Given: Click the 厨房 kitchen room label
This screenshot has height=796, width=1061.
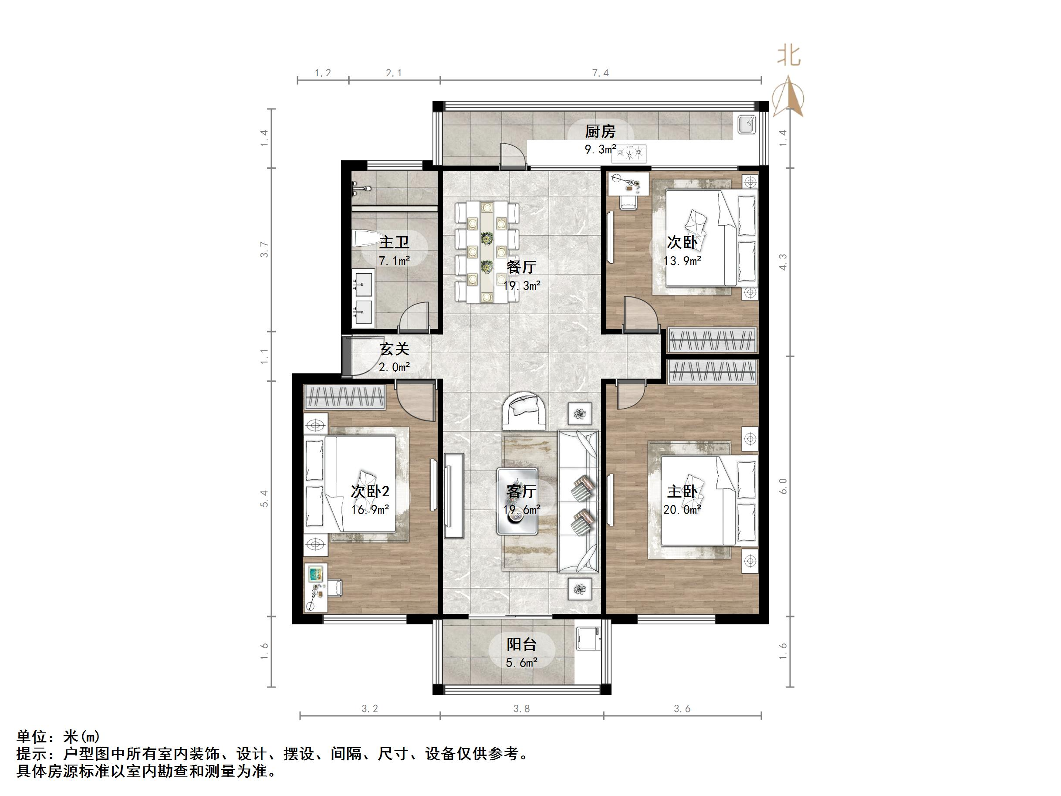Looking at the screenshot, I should [600, 131].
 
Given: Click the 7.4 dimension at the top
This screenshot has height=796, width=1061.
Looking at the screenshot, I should [600, 73].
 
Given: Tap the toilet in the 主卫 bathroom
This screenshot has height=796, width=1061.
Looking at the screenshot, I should [365, 239].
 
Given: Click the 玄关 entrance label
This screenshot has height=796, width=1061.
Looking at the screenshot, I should [394, 349].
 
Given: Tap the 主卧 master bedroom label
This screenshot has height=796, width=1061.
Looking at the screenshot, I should [682, 491].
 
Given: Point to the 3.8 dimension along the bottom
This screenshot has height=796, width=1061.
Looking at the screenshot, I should [521, 709].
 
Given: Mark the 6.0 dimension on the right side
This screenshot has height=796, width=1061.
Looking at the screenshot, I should [783, 485].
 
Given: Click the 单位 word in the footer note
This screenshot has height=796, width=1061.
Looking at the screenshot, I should [32, 736].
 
